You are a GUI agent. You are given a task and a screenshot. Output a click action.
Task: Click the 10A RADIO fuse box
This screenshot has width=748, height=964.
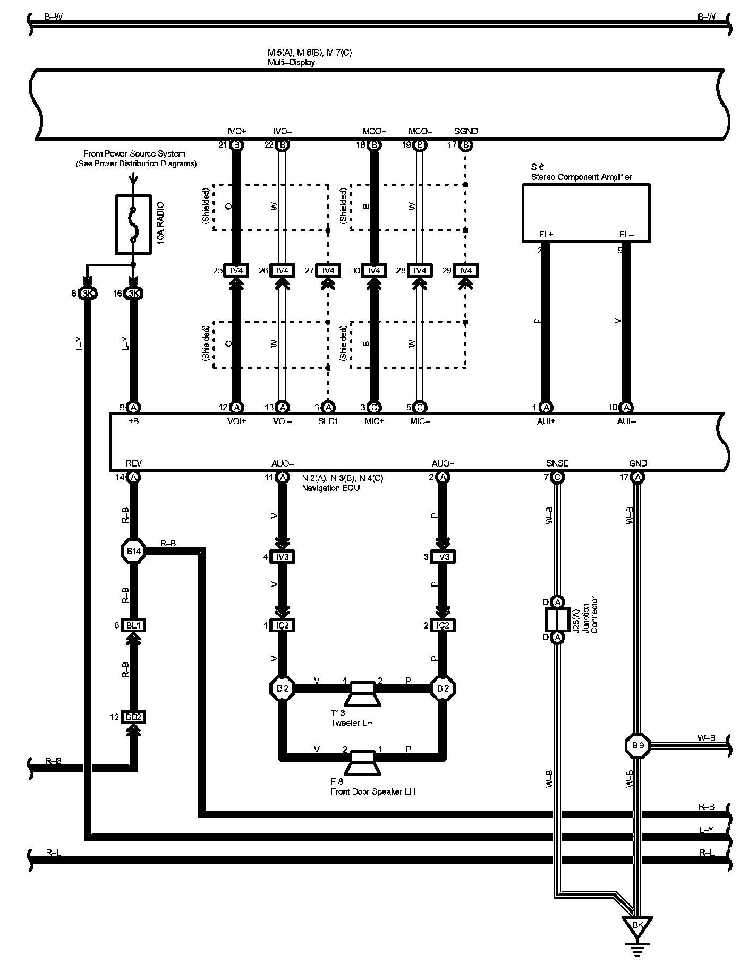pos(133,223)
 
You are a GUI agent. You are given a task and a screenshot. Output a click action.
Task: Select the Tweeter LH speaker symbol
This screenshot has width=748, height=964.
pos(363,694)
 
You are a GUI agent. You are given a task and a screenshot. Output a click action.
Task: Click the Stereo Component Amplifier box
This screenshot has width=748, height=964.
pos(585,212)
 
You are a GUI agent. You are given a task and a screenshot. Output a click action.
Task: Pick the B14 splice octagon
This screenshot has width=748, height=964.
pos(133,552)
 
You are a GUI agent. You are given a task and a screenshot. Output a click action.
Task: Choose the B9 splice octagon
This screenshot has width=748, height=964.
pos(637,745)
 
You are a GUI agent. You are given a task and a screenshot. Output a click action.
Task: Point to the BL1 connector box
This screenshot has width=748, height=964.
pos(133,625)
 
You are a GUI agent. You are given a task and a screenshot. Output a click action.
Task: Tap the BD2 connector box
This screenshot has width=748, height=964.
pos(133,717)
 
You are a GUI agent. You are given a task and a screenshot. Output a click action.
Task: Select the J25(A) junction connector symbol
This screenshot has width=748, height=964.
pos(557,619)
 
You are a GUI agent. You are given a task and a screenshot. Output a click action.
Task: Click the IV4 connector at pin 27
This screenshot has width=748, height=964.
pos(328,271)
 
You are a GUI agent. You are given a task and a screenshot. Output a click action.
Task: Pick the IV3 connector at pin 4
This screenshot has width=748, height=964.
pos(283,557)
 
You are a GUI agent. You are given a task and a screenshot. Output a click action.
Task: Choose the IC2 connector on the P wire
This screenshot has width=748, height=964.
pos(442,625)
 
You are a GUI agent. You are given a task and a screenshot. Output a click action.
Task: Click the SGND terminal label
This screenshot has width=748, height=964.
pos(466,131)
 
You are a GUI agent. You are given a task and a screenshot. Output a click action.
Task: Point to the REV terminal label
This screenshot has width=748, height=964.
pos(133,463)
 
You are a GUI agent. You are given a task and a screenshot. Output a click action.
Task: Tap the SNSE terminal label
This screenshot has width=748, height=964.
pos(557,463)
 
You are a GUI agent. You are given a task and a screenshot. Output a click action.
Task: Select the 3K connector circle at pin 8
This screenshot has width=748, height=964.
pos(87,294)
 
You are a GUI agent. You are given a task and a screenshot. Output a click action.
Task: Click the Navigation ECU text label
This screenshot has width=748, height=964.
pos(330,488)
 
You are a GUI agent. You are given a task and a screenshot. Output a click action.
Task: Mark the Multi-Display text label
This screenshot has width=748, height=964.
pos(291,62)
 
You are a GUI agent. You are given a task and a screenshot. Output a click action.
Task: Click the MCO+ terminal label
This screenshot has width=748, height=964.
pos(374,131)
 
